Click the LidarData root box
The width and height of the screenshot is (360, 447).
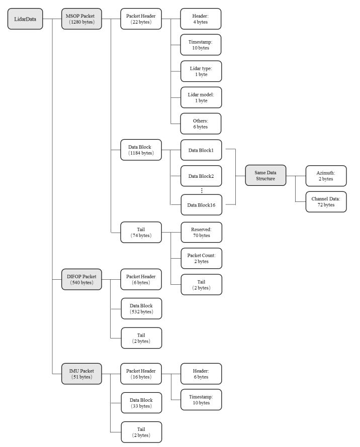(x=25, y=19)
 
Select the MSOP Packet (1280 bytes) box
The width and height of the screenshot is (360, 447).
(x=81, y=19)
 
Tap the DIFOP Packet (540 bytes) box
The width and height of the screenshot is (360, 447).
(x=81, y=279)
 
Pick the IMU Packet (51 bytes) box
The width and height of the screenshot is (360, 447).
(x=81, y=374)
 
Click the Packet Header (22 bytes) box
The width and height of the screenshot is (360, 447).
(x=141, y=19)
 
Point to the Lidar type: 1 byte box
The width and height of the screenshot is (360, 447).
(x=201, y=71)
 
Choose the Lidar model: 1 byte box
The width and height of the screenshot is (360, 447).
(x=201, y=97)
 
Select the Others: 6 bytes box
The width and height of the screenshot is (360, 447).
(x=201, y=124)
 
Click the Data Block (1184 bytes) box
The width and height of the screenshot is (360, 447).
(x=141, y=150)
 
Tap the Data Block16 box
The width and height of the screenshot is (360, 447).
(x=201, y=205)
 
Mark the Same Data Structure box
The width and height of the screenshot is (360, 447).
(x=265, y=175)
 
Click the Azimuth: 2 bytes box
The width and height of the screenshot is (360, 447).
(x=326, y=176)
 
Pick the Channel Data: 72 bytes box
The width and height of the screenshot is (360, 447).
(x=326, y=202)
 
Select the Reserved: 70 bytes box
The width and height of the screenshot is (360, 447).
(x=201, y=233)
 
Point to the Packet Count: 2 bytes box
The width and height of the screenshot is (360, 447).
(x=201, y=258)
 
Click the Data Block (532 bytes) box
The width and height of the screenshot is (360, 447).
(x=141, y=309)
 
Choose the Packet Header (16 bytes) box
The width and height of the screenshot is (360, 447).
(x=141, y=374)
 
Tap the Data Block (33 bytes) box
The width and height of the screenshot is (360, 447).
(x=141, y=403)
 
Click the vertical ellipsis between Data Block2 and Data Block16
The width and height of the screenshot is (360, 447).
(x=202, y=190)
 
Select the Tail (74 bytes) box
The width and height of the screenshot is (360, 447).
(x=141, y=233)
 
